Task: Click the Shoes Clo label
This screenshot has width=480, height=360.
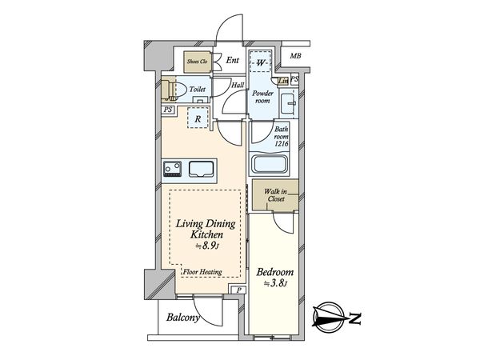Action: (197, 62)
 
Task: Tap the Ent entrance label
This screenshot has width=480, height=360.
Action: (232, 60)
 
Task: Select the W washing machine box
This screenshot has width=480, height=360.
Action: (260, 62)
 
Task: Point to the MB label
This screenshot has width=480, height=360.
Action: (295, 56)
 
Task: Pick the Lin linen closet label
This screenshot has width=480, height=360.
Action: (283, 81)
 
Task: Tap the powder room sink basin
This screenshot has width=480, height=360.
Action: (289, 103)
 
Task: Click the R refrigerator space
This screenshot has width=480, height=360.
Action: (198, 118)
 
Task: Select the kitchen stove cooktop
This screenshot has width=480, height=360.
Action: (173, 169)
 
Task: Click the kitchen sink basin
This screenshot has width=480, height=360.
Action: (201, 169)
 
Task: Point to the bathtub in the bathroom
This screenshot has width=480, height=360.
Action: (269, 164)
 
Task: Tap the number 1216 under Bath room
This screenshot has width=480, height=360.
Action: (281, 143)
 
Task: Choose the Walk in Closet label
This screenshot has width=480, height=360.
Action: (276, 195)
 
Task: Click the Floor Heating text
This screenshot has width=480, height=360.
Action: (202, 271)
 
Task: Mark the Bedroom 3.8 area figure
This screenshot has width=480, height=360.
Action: (275, 284)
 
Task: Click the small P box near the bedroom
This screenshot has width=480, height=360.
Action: (239, 290)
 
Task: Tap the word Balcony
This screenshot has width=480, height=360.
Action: (182, 317)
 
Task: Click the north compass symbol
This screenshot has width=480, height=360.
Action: (330, 318)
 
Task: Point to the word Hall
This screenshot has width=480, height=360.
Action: (238, 85)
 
